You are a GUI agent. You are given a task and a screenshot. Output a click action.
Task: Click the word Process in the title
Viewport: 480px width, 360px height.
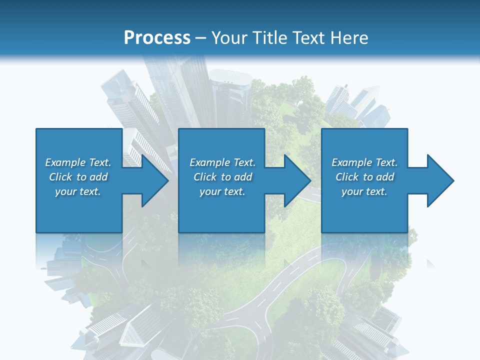pos(157,38)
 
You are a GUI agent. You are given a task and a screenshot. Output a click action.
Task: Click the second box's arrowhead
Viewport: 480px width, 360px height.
pos(297,180)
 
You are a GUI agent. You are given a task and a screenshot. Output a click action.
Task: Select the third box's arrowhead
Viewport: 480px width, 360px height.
pos(440,180)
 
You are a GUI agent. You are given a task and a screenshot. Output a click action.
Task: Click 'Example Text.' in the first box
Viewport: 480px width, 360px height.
pos(78,162)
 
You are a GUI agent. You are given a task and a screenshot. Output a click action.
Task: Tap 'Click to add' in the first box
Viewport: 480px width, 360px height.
pos(78,177)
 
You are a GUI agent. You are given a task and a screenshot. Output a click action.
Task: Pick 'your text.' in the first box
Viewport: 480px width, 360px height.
pos(78,191)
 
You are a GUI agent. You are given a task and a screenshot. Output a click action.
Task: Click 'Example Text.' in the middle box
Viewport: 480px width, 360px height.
pos(222,162)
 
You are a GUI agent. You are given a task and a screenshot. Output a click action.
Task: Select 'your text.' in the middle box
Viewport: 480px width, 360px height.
pos(222,191)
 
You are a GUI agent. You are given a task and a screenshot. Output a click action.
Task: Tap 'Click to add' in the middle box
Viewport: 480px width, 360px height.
pos(222,177)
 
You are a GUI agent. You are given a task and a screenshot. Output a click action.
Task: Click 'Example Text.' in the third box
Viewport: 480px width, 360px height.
pos(364,162)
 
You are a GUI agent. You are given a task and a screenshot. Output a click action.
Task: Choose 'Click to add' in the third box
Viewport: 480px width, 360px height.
pos(364,177)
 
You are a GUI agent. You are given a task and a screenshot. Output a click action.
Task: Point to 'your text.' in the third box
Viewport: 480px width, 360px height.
pos(364,191)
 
